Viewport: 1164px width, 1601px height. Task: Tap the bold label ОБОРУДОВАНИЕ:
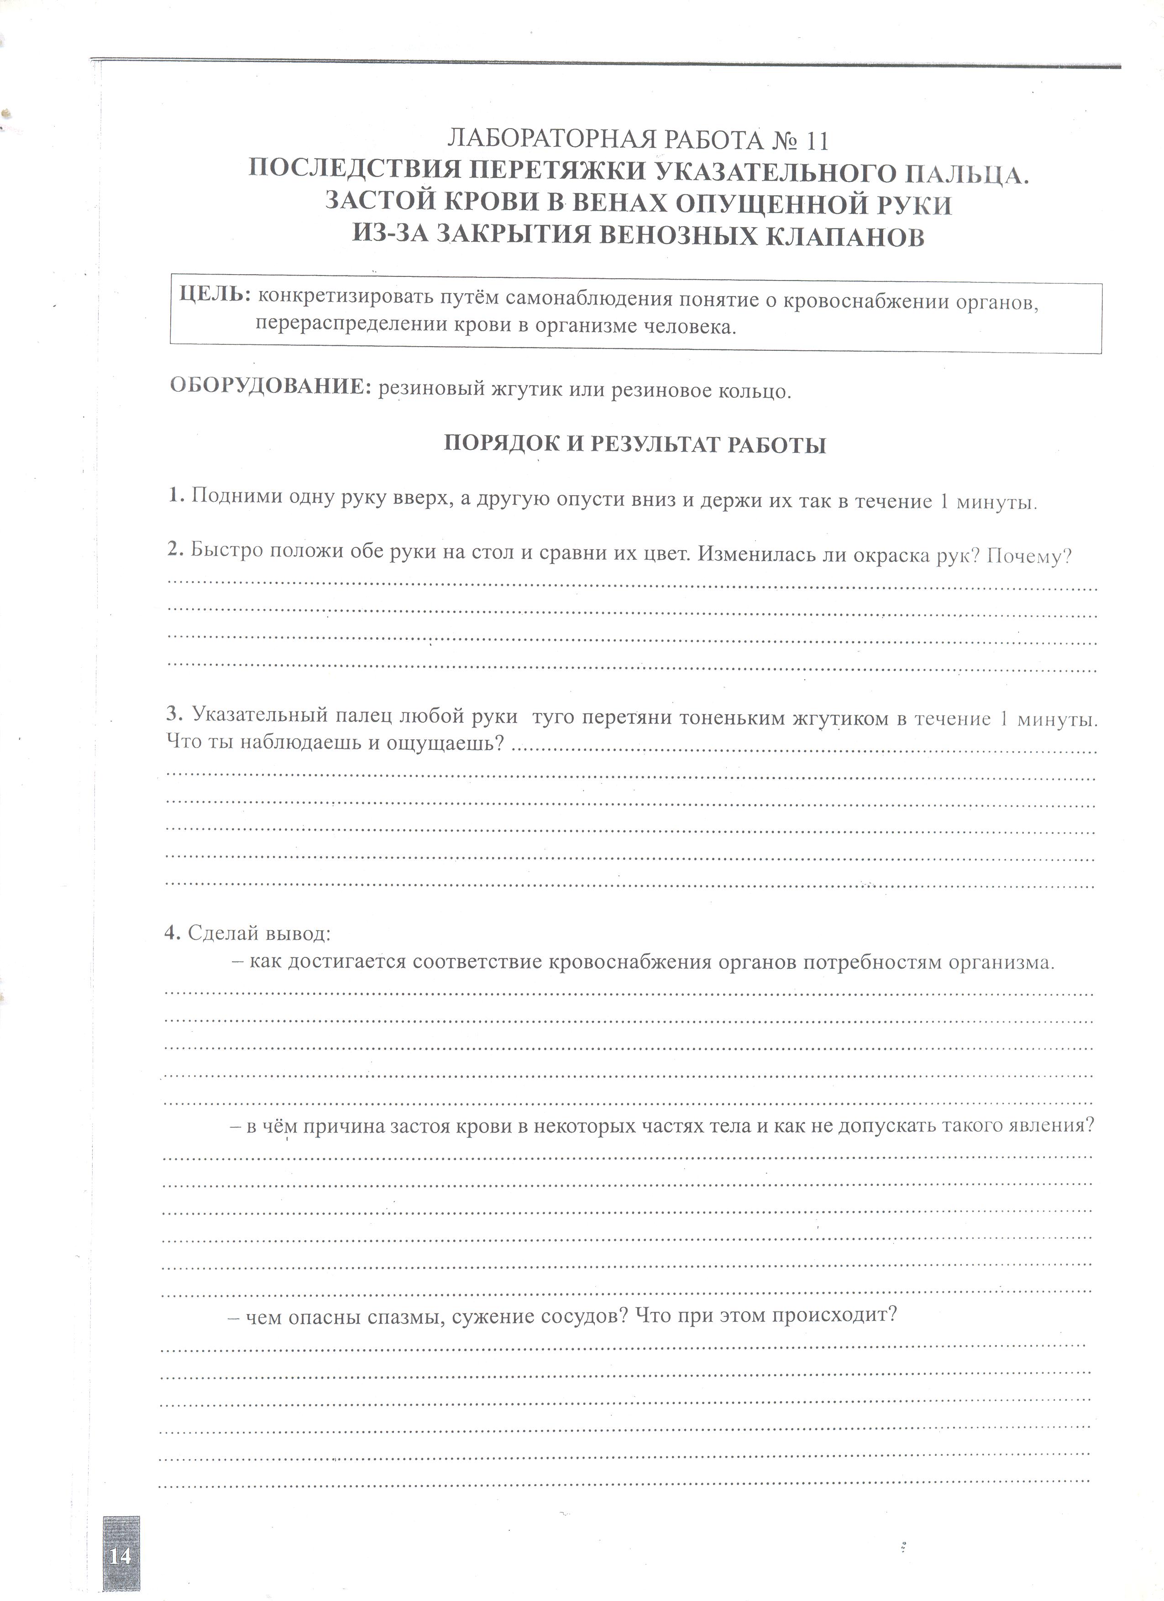(271, 386)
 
